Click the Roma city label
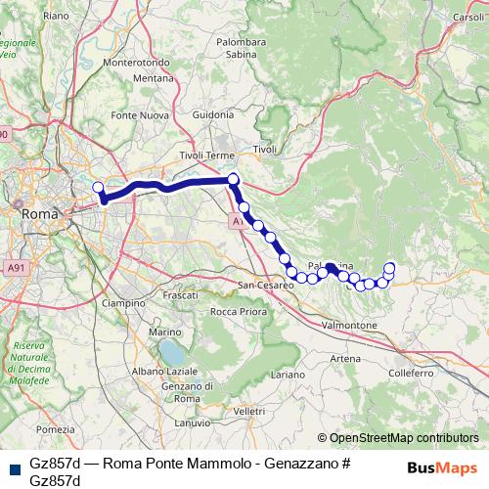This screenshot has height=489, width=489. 41,213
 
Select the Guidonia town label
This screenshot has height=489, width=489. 213,114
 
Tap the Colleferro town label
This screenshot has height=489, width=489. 410,374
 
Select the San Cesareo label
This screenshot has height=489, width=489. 266,286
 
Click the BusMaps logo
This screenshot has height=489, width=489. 441,467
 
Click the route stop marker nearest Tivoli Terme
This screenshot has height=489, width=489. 233,179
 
